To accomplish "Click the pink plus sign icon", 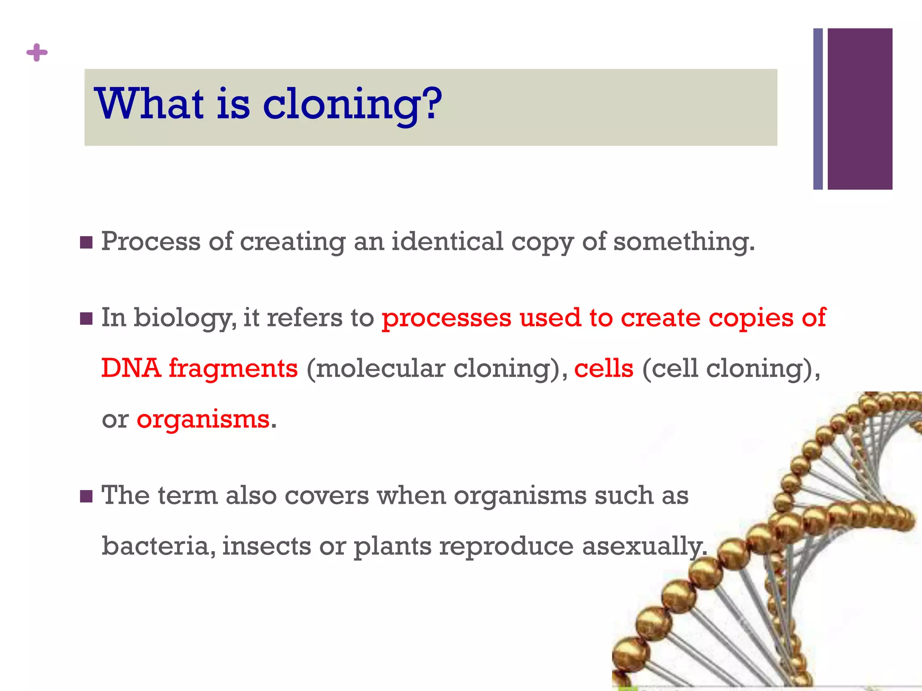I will point(37,53).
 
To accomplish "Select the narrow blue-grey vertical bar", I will point(818,109).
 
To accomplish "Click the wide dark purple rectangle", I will point(859,109).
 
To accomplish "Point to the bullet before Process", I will point(86,243).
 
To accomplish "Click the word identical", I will point(447,242).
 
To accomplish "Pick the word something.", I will point(683,242).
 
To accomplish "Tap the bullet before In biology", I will point(86,319).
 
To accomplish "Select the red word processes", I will point(447,318).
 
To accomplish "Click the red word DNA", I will point(131,368).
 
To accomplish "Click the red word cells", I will point(603,368).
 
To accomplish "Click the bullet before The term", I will point(86,497).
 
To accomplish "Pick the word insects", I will point(267,546).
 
